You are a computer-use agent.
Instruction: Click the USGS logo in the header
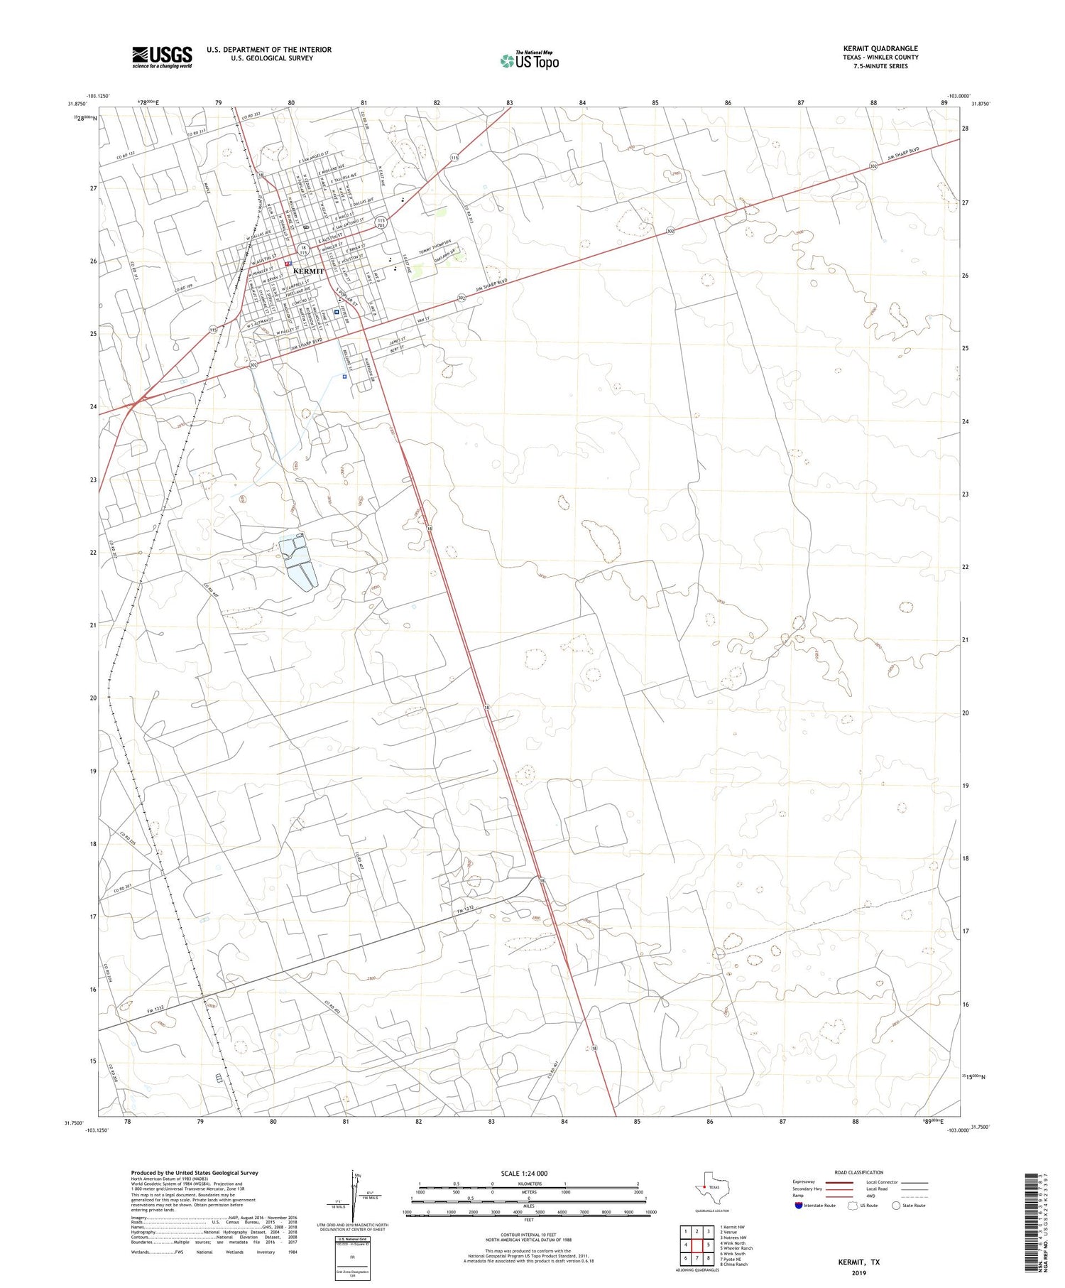(162, 57)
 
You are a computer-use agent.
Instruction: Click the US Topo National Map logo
(530, 60)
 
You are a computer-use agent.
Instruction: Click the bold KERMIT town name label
(308, 271)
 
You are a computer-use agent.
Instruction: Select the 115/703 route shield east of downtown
(381, 222)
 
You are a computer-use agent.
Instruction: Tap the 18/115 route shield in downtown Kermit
(303, 250)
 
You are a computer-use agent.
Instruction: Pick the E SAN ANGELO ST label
(321, 158)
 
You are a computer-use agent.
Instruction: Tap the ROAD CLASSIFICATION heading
(858, 1171)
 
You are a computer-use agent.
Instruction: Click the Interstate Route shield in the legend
(799, 1205)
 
